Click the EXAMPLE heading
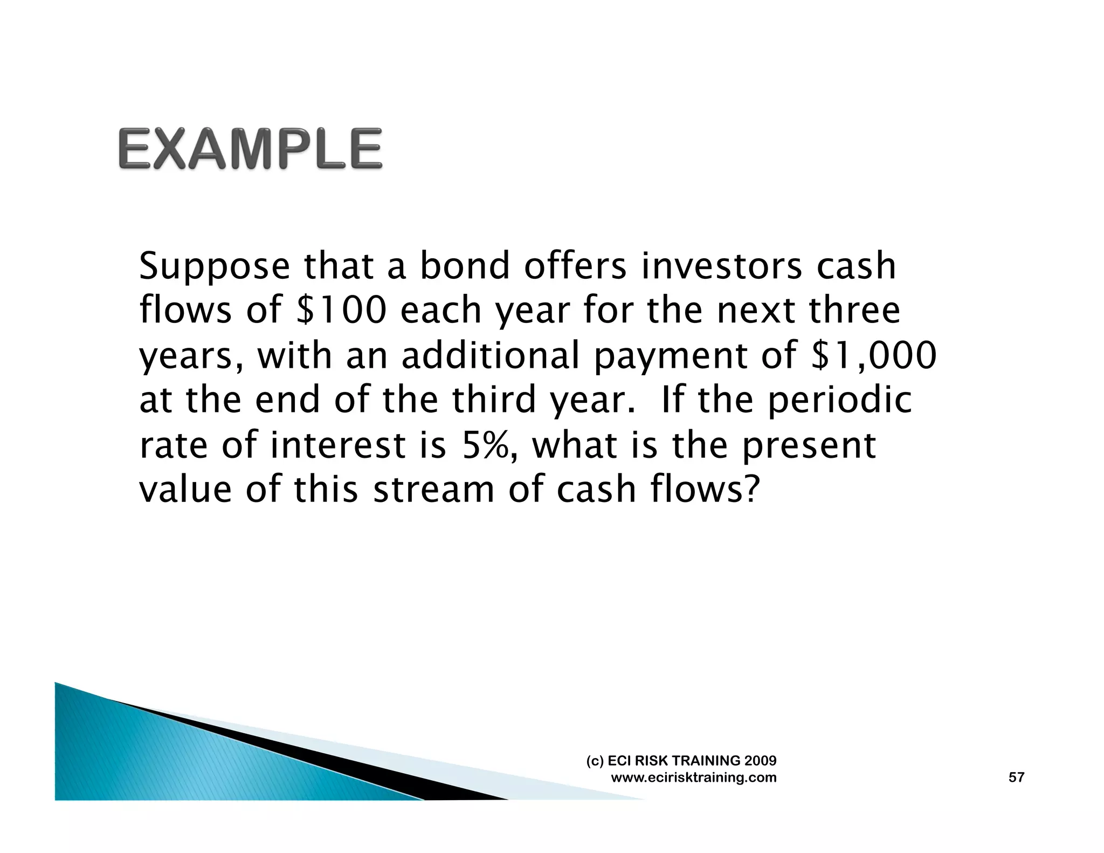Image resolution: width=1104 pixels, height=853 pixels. [x=250, y=149]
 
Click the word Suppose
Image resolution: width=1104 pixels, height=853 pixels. [x=215, y=267]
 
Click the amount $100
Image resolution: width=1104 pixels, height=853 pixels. [x=342, y=311]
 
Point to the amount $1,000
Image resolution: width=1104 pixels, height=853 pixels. [x=874, y=355]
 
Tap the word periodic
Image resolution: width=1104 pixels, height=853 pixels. [x=839, y=401]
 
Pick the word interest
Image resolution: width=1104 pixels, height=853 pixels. [x=337, y=445]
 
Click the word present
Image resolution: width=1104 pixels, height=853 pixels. [x=809, y=446]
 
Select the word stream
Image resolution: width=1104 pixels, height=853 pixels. [x=433, y=490]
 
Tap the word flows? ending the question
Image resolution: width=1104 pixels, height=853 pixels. [x=705, y=490]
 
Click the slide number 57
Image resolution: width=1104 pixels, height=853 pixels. [x=1016, y=777]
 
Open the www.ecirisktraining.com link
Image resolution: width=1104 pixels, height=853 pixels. [x=694, y=778]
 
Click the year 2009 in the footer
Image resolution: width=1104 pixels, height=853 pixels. [x=760, y=761]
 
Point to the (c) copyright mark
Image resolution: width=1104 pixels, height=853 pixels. [x=595, y=761]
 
